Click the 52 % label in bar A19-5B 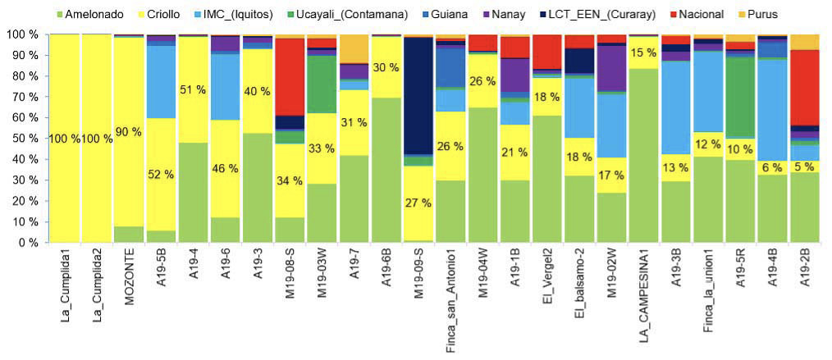(162, 174)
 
